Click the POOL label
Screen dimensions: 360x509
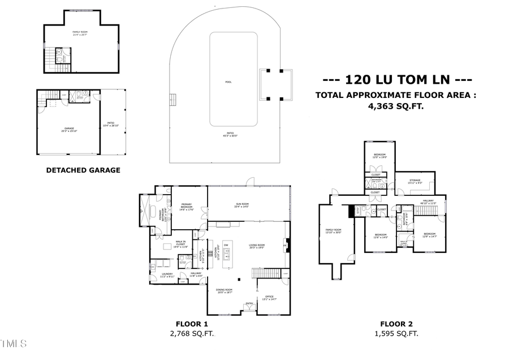coord(228,82)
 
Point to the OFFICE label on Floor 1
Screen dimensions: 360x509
coord(270,298)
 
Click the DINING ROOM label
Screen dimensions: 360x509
coord(224,291)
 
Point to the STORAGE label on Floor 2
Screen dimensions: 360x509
coord(414,181)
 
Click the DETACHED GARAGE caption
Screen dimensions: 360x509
coord(83,170)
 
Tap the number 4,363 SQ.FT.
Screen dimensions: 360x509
coord(395,106)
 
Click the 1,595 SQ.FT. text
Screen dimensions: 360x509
coord(396,334)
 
